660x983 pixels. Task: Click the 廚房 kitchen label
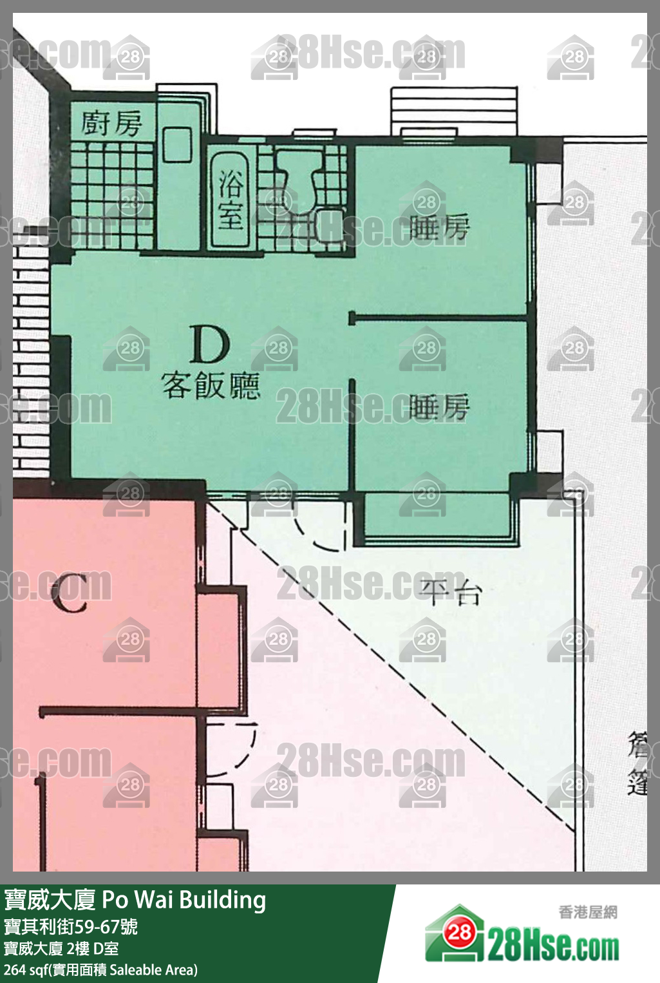111,122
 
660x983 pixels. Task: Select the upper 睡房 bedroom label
440,227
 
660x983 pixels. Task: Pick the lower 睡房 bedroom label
440,407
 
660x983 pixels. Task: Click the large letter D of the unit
210,345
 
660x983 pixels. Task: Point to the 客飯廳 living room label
211,386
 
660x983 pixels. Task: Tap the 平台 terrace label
451,591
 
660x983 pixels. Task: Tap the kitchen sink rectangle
177,144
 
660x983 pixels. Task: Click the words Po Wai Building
184,900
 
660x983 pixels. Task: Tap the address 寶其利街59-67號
71,926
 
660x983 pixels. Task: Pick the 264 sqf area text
100,969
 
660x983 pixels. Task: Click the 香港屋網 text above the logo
588,912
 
